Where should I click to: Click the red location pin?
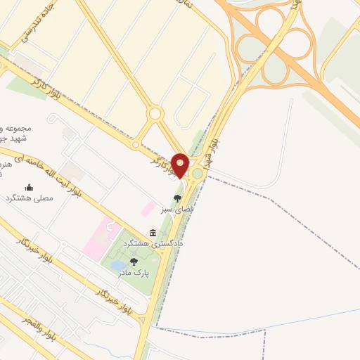click(x=180, y=165)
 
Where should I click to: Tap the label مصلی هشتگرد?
click(x=29, y=199)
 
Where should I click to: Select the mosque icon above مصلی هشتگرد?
click(x=29, y=187)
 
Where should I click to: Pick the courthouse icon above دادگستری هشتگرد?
click(x=153, y=232)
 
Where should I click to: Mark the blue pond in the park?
click(x=117, y=265)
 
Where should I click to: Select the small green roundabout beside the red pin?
click(x=198, y=173)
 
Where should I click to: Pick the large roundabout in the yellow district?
click(x=155, y=114)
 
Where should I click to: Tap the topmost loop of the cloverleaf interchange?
click(x=270, y=21)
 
